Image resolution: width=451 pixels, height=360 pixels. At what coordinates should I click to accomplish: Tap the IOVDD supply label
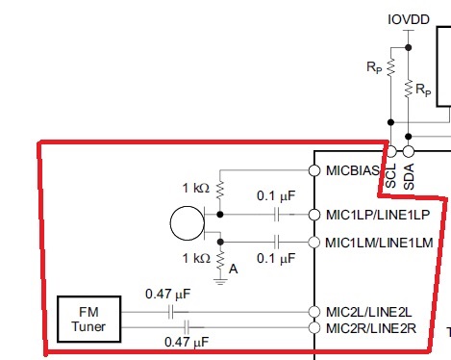[x=409, y=19]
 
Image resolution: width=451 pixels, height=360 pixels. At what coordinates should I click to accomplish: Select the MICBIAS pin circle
[x=314, y=170]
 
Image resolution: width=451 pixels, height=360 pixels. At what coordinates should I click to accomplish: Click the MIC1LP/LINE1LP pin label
[x=378, y=215]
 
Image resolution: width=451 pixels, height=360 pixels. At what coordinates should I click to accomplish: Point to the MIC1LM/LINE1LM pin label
[x=379, y=243]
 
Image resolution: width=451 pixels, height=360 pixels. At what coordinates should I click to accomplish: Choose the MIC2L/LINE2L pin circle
[x=314, y=312]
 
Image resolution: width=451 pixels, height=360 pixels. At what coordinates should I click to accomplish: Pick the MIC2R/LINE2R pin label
[x=371, y=328]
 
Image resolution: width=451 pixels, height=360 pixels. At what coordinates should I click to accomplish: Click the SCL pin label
[x=390, y=176]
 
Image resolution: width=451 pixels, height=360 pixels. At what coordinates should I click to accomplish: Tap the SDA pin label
[x=409, y=176]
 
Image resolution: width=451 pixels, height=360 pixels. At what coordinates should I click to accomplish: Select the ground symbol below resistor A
[x=220, y=282]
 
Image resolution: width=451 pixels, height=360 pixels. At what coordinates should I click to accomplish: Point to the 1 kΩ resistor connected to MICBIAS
[x=220, y=191]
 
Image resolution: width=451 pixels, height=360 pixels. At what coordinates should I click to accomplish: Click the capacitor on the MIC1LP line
[x=277, y=215]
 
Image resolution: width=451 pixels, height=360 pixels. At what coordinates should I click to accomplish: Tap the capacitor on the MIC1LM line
[x=277, y=242]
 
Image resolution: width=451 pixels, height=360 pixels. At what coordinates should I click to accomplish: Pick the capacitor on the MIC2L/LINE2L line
[x=171, y=312]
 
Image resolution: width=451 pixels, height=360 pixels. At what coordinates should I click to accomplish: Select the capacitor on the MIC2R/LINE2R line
[x=187, y=327]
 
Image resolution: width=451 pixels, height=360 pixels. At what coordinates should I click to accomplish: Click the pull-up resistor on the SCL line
[x=390, y=67]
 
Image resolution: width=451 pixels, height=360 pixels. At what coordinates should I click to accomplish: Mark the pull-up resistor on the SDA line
[x=409, y=90]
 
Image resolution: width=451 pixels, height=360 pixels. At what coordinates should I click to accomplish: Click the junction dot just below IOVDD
[x=408, y=47]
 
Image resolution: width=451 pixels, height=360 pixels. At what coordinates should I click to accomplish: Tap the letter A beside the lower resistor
[x=234, y=269]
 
